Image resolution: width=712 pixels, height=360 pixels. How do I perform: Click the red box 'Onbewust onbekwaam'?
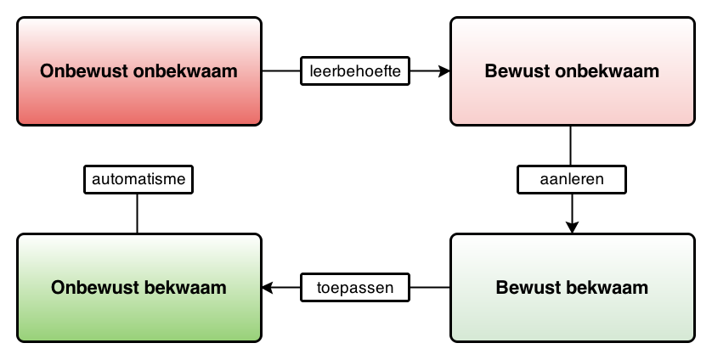(139, 71)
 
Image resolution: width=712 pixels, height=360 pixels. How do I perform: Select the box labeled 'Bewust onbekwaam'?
(573, 71)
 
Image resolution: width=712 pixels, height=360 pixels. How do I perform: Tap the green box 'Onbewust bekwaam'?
(139, 288)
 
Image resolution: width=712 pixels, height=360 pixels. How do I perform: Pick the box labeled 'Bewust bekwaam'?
(573, 288)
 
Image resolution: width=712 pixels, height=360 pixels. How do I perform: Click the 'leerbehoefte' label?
(355, 70)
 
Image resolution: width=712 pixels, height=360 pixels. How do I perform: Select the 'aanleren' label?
(572, 179)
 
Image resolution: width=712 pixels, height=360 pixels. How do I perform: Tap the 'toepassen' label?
(355, 287)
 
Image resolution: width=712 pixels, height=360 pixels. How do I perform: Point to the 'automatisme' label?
(138, 179)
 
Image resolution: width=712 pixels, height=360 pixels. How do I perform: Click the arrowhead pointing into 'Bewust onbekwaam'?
(444, 70)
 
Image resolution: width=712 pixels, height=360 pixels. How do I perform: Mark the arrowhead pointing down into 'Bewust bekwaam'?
(572, 228)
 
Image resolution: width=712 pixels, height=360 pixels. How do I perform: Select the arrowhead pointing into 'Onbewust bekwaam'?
(268, 287)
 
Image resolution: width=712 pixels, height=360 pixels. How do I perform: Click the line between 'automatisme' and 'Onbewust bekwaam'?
(137, 213)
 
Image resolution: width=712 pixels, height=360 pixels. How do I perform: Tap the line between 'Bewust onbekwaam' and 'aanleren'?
(571, 145)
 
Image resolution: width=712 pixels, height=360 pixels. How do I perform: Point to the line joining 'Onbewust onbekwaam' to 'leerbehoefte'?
(281, 70)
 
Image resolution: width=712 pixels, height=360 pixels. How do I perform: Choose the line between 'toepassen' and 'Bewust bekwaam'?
(430, 287)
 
